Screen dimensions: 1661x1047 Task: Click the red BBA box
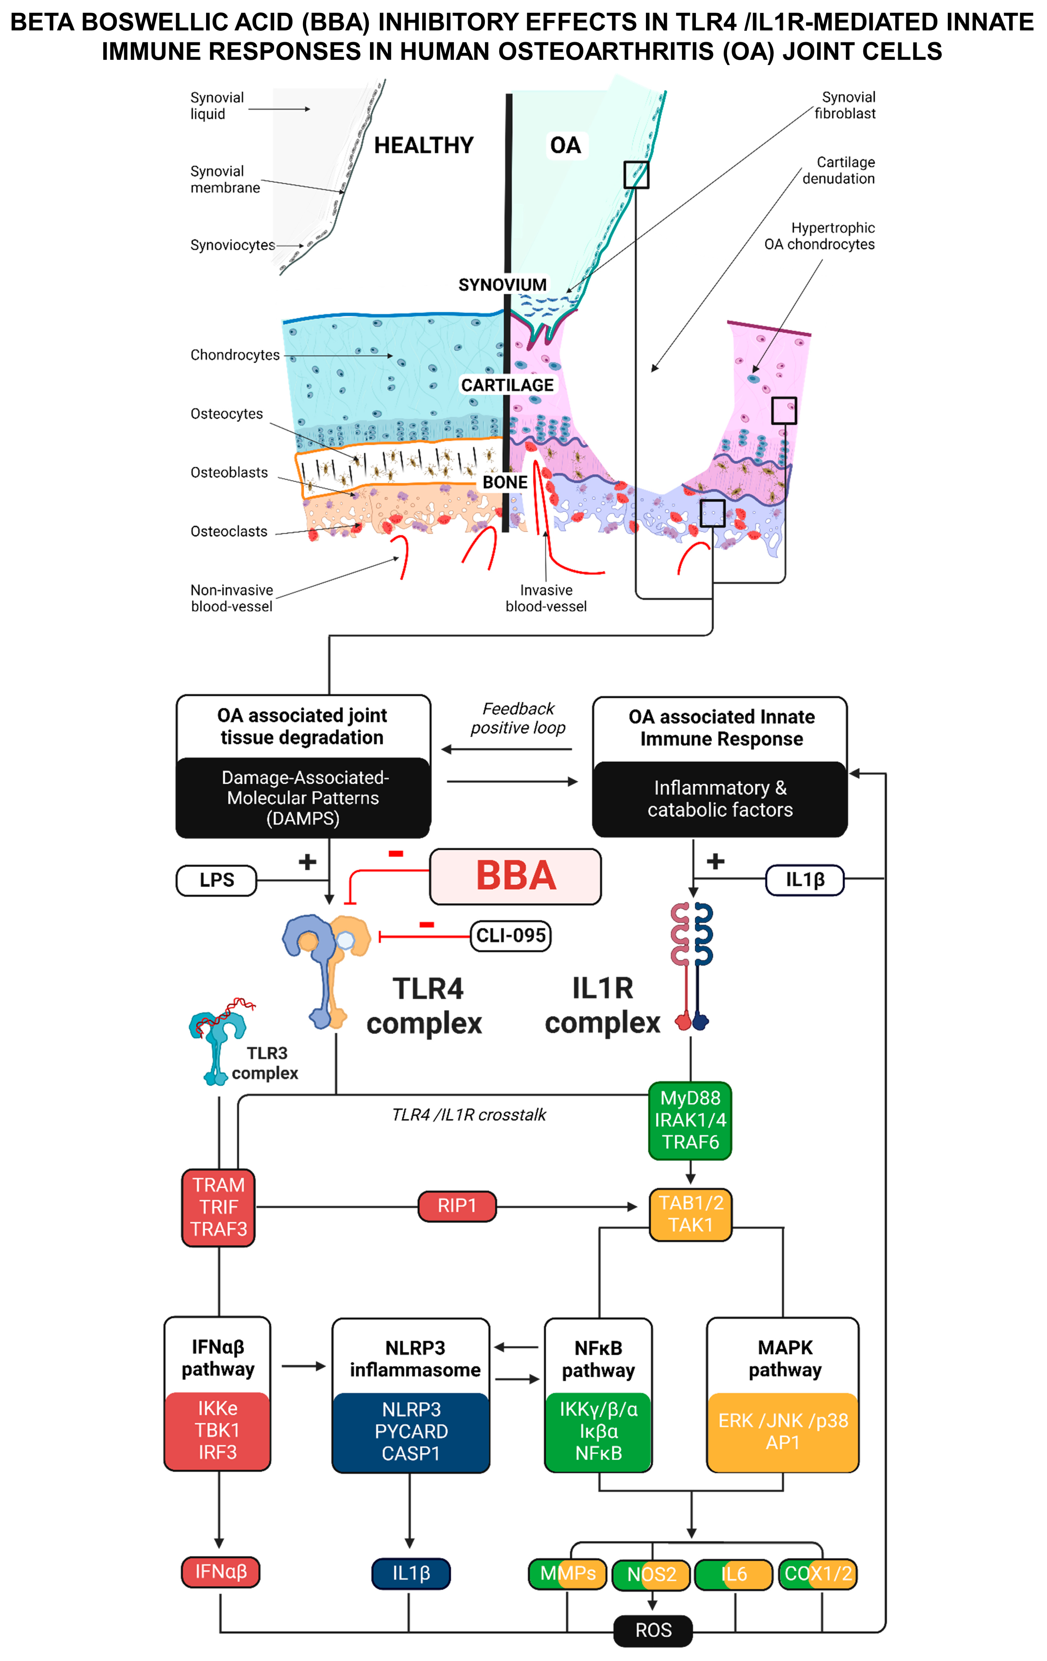(x=515, y=876)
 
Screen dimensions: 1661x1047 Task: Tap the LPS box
(x=217, y=880)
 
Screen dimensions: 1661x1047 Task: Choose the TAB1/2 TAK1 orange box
(x=690, y=1214)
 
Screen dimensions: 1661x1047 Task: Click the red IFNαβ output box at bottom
(x=221, y=1572)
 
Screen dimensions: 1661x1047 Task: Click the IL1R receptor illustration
(x=692, y=966)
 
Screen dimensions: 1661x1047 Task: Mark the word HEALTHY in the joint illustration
(x=423, y=146)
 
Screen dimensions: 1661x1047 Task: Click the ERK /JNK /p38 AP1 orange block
(x=783, y=1431)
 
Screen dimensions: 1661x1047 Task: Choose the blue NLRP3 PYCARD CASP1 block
(x=411, y=1431)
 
